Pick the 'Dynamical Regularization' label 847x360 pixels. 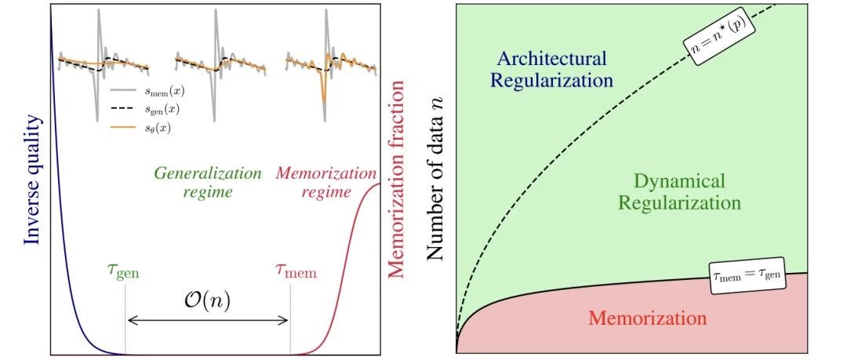coord(678,192)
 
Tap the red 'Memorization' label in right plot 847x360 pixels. coord(647,318)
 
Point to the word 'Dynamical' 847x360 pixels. coord(679,181)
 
